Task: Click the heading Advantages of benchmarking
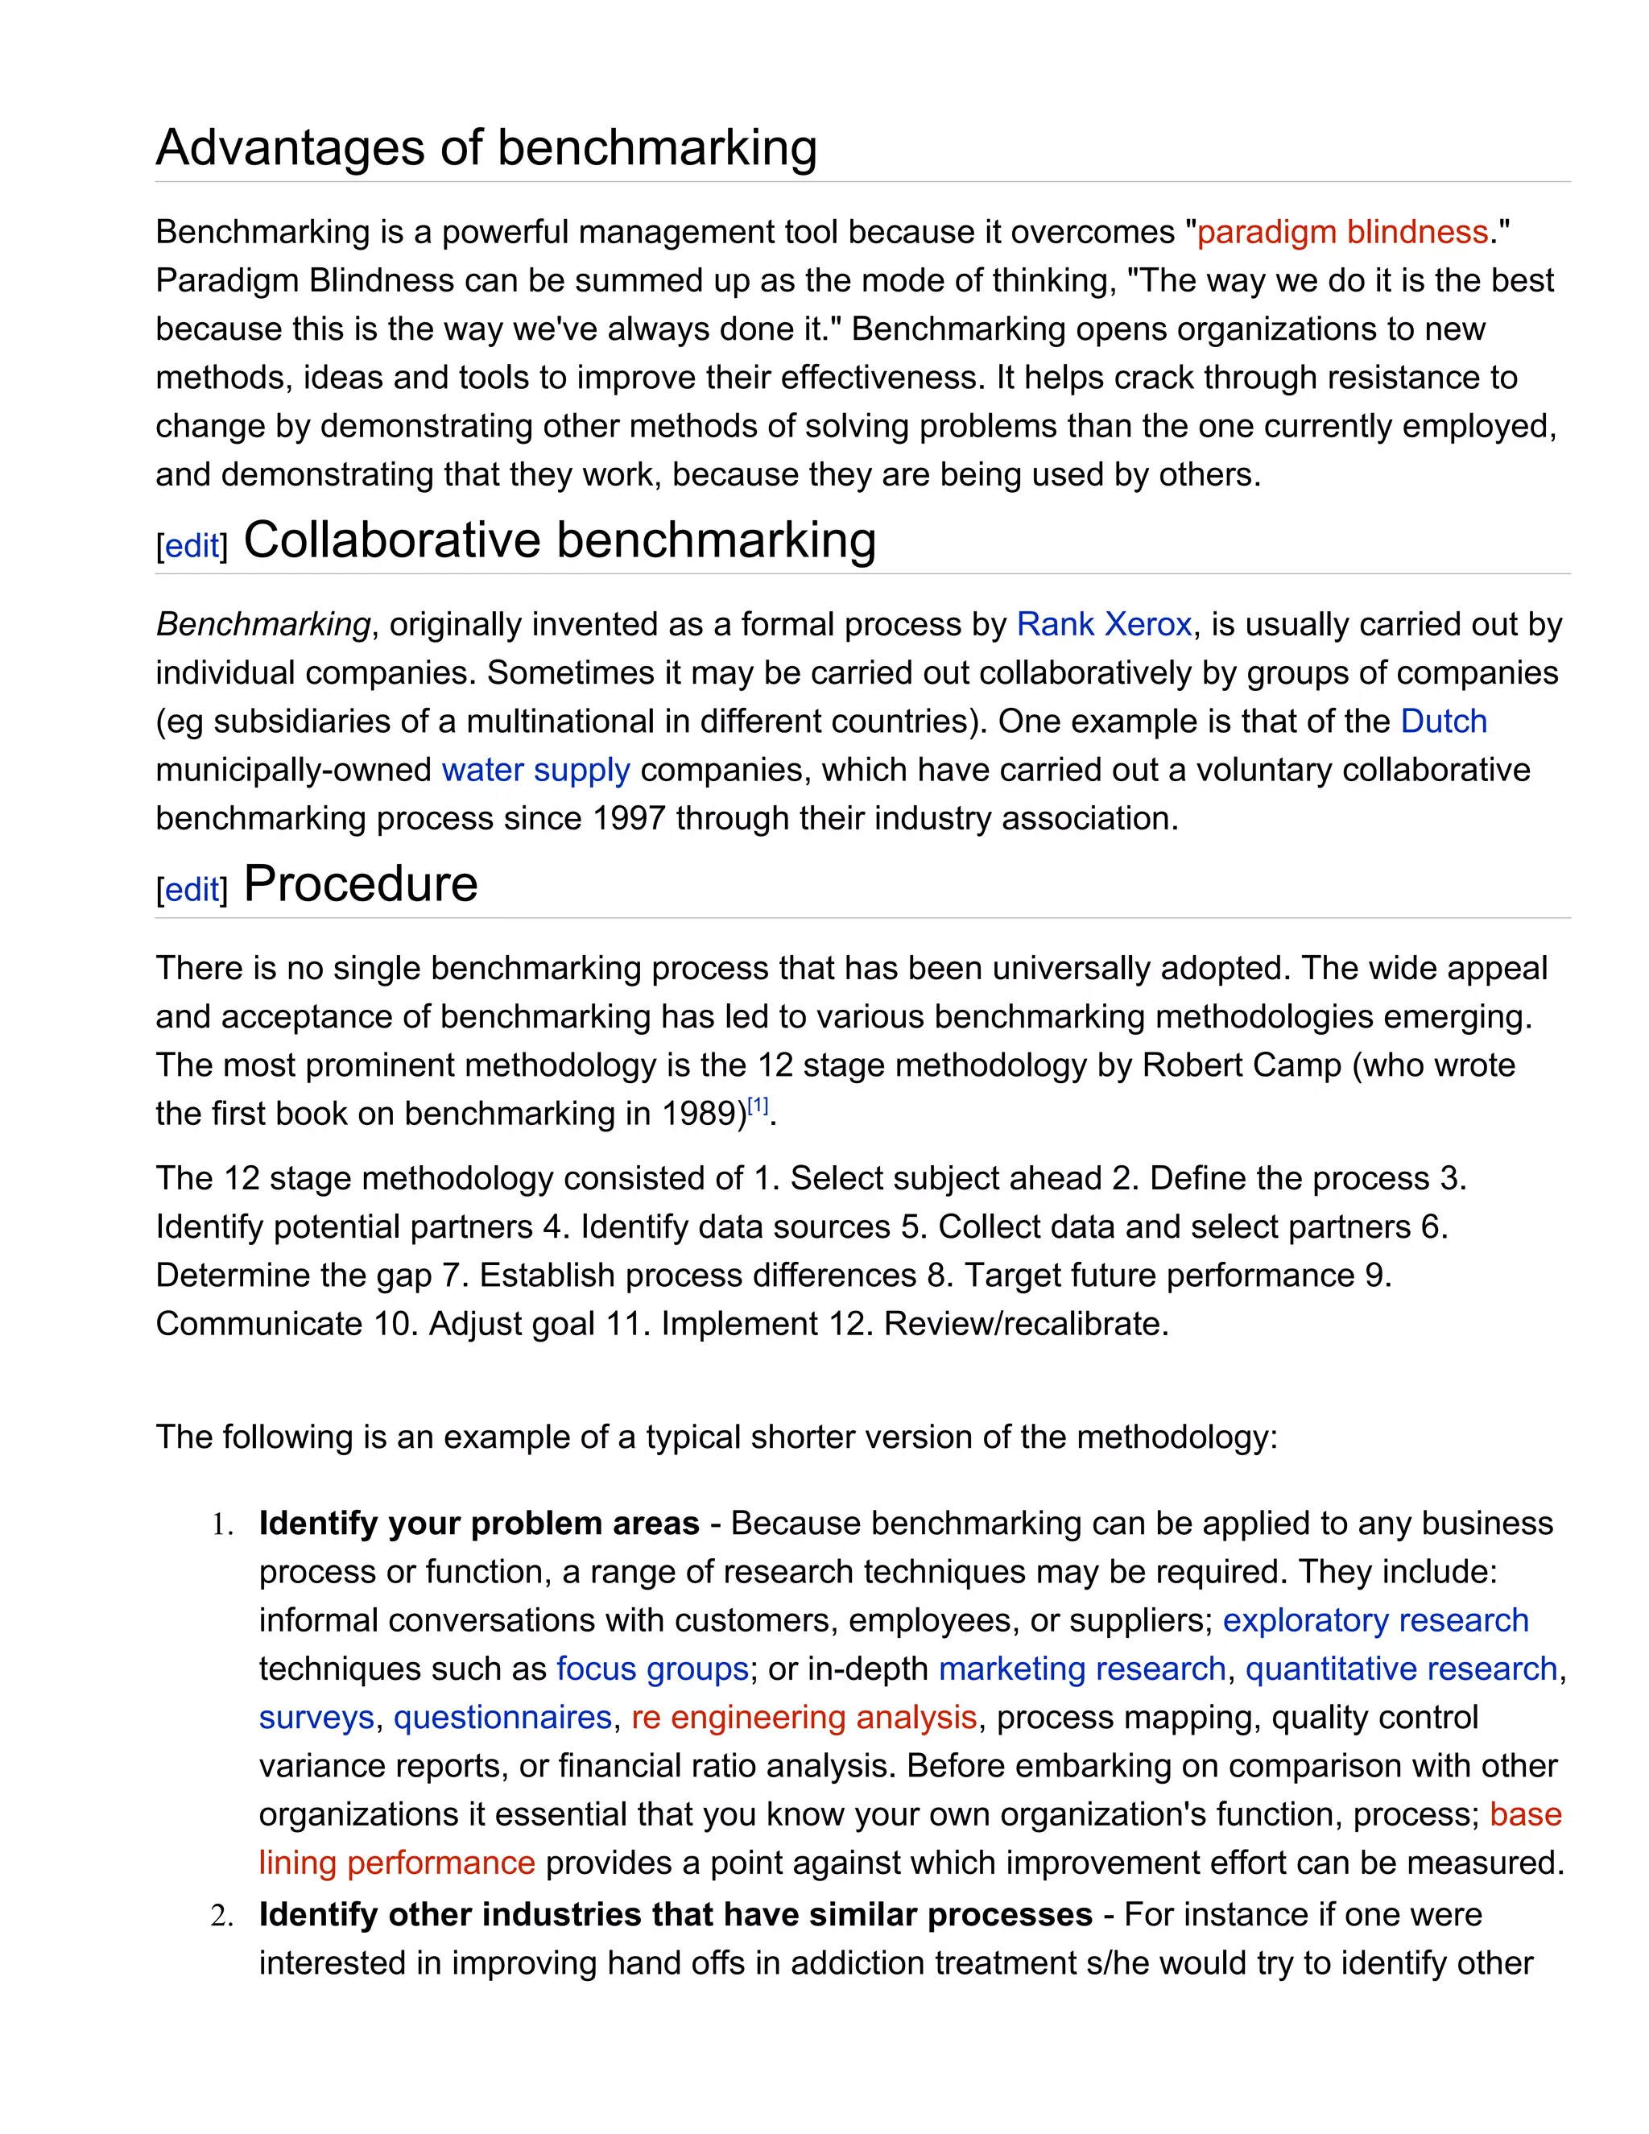[x=486, y=148]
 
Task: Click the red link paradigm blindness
[x=1342, y=233]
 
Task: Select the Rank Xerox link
[x=1104, y=624]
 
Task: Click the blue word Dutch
[x=1443, y=721]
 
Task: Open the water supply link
[x=535, y=770]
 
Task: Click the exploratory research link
[x=1374, y=1620]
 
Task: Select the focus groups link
[x=651, y=1669]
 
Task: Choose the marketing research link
[x=1081, y=1669]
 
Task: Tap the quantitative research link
[x=1400, y=1669]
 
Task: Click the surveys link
[x=316, y=1718]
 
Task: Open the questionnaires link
[x=502, y=1718]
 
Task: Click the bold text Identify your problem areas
[x=479, y=1524]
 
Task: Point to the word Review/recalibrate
[x=1025, y=1324]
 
